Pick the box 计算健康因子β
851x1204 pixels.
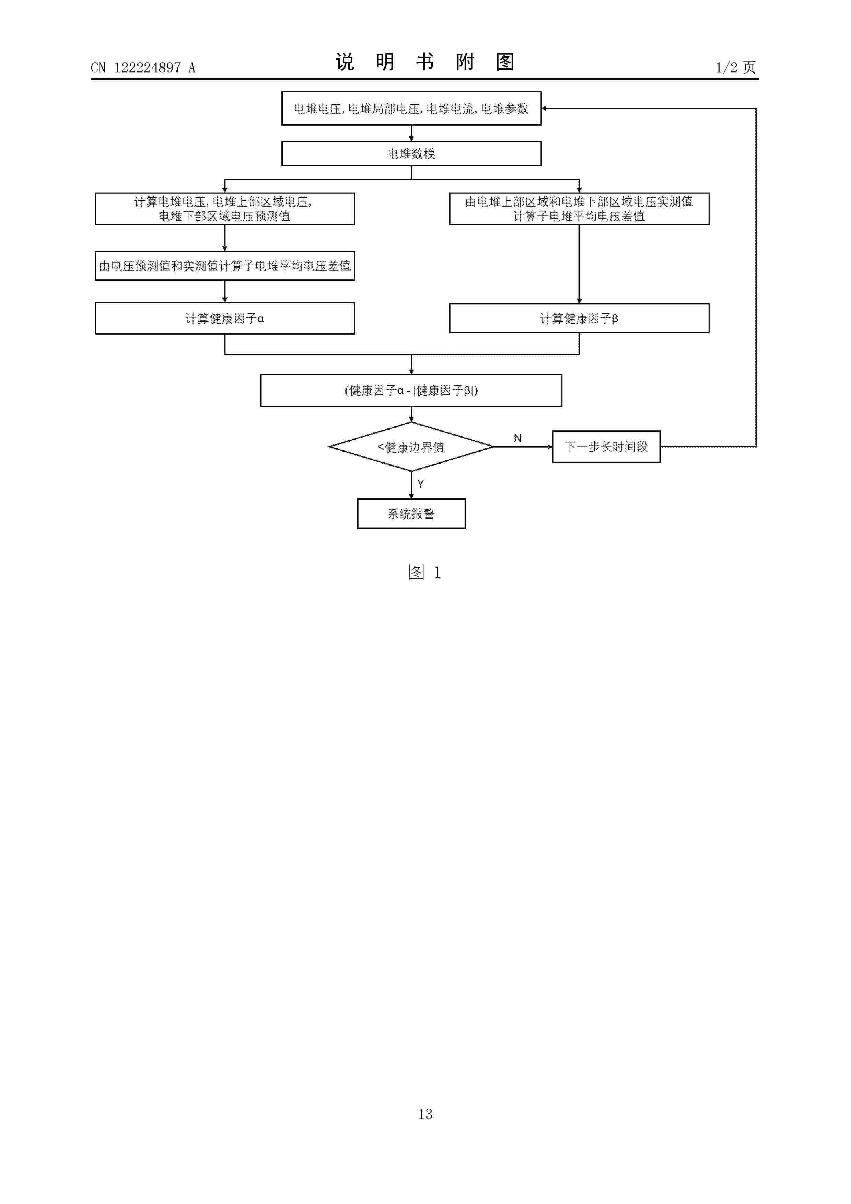[x=579, y=318]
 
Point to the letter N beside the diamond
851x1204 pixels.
[x=517, y=438]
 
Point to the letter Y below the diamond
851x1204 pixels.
[x=420, y=484]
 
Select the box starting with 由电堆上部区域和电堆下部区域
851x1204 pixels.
[x=579, y=209]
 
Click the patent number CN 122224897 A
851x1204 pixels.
[x=143, y=68]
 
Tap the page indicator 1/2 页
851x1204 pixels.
[x=736, y=67]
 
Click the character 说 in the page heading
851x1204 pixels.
[x=345, y=62]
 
